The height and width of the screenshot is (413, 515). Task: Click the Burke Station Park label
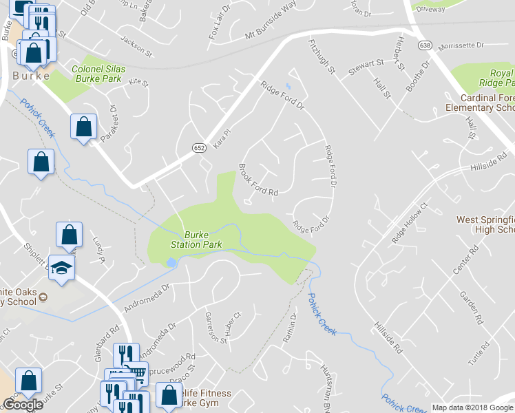[196, 240]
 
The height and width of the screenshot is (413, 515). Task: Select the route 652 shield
[198, 147]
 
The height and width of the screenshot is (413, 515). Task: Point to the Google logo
[23, 404]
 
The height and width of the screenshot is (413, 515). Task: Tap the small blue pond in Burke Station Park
[170, 262]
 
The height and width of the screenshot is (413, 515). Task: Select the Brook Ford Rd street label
[258, 180]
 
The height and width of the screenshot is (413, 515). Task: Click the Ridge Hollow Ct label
[410, 224]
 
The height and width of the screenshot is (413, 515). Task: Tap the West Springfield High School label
[485, 225]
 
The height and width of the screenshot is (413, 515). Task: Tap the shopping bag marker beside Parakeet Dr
[83, 127]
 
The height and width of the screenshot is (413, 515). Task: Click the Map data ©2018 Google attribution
[472, 407]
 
